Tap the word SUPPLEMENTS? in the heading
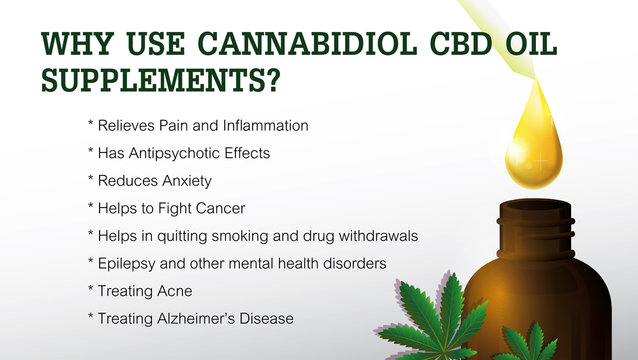point(160,80)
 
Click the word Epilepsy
point(127,263)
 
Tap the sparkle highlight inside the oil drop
point(540,159)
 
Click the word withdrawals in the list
point(381,236)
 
